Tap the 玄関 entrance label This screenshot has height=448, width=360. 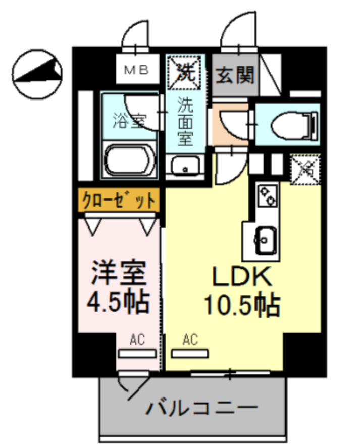pos(235,75)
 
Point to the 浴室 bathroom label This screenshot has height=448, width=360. pos(129,121)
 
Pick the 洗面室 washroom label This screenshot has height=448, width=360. pos(185,122)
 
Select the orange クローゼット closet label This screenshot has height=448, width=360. pos(119,200)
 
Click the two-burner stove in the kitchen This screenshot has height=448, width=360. pos(268,195)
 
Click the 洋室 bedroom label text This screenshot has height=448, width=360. pos(119,274)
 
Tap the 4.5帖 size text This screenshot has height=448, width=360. pos(119,302)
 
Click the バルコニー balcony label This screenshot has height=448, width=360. pos(201,407)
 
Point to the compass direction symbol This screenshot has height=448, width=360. pos(37,74)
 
